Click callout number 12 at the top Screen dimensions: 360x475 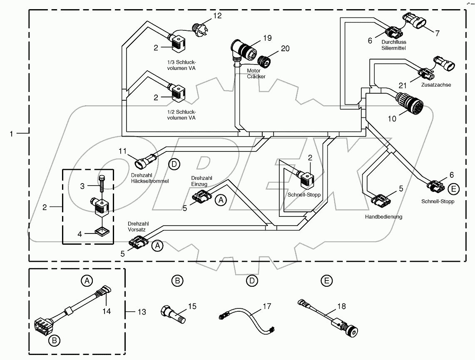click(x=217, y=16)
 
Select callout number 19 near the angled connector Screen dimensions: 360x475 click(x=267, y=38)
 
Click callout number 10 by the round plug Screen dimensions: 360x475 click(x=392, y=119)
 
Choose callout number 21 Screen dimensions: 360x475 click(x=403, y=85)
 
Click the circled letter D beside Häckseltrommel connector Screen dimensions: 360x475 click(x=174, y=164)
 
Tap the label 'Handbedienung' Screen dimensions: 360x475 click(x=383, y=216)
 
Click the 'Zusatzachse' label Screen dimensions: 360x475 click(x=436, y=84)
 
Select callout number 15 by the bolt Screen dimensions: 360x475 click(x=192, y=306)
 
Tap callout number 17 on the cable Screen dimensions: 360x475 click(x=266, y=307)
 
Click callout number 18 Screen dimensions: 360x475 click(x=341, y=306)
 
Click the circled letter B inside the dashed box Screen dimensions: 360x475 click(x=54, y=341)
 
